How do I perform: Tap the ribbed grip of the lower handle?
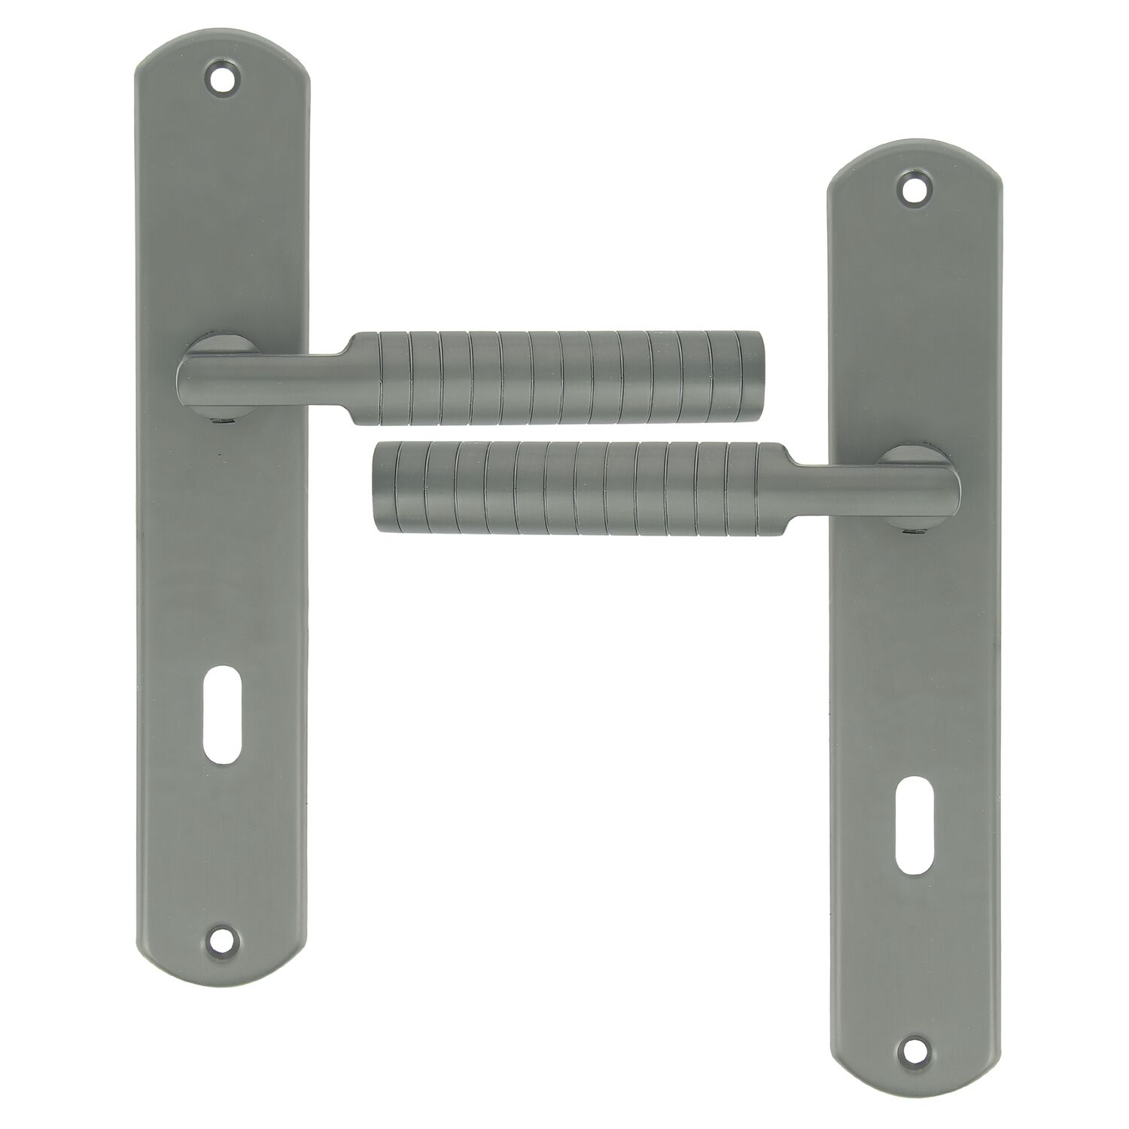pyautogui.click(x=580, y=487)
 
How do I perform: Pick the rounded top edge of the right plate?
pyautogui.click(x=914, y=151)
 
